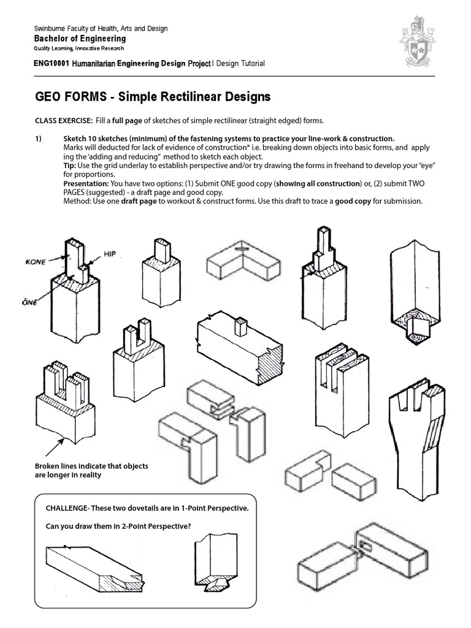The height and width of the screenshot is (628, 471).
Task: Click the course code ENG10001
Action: click(51, 63)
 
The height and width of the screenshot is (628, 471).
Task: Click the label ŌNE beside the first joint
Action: click(28, 302)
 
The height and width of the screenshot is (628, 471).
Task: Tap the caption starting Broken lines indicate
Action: click(91, 470)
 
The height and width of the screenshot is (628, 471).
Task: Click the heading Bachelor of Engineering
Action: click(79, 39)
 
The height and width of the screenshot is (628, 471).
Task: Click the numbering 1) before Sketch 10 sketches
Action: click(39, 138)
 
